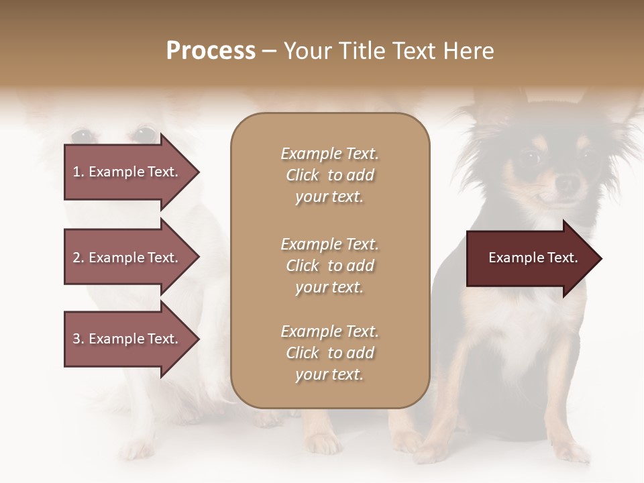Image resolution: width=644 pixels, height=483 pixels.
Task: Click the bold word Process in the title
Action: coord(211,51)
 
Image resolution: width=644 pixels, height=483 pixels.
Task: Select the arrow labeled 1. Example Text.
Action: coord(127,172)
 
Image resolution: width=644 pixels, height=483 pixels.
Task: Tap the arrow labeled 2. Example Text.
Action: coord(127,258)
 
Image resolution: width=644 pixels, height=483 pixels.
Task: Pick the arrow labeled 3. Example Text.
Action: coord(127,339)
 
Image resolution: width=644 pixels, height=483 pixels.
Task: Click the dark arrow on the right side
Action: coord(530,258)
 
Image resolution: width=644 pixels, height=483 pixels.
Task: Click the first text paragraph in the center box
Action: coord(329,175)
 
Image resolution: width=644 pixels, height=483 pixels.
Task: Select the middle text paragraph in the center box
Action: coord(329,266)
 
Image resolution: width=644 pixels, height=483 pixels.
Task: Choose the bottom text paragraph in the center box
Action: coord(329,353)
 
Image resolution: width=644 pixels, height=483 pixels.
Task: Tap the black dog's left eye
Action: coord(530,158)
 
